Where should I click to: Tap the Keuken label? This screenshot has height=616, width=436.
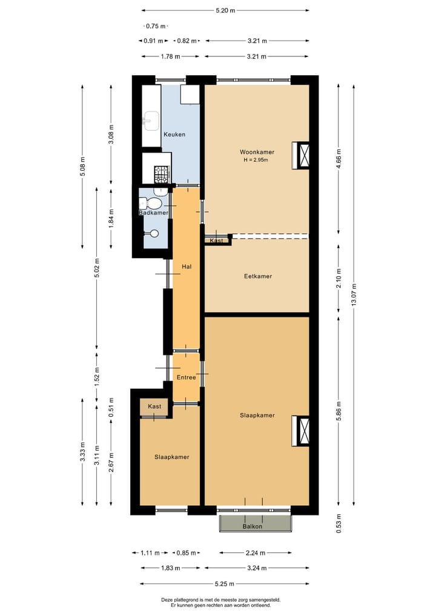click(174, 134)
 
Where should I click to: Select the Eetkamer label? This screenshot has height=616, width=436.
click(258, 276)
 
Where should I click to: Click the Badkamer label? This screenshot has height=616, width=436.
click(153, 213)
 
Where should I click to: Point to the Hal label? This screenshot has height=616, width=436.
click(187, 266)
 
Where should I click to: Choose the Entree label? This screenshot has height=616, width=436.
click(186, 377)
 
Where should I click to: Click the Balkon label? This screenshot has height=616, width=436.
click(253, 526)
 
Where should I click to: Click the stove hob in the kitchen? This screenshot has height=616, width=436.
click(162, 174)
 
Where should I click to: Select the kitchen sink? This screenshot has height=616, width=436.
click(150, 121)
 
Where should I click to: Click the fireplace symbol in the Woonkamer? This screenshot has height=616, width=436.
click(301, 154)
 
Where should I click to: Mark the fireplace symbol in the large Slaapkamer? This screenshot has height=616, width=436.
click(301, 430)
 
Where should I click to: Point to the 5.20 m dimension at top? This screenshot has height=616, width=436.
click(225, 10)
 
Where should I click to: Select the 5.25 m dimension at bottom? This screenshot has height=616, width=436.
click(225, 584)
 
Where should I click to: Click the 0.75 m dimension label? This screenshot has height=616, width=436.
click(156, 26)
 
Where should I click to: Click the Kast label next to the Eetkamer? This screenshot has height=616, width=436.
click(216, 240)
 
